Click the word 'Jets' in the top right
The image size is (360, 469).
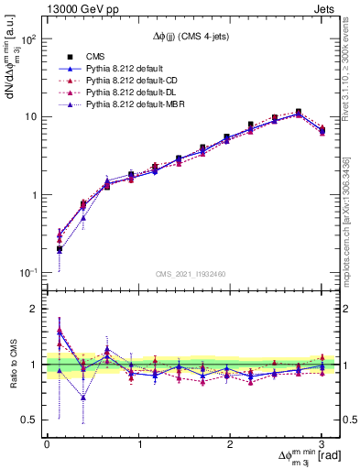pyautogui.click(x=326, y=10)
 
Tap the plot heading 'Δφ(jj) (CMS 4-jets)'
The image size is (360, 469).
pyautogui.click(x=192, y=38)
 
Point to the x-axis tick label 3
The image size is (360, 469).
pyautogui.click(x=322, y=444)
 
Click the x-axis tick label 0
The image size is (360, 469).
pyautogui.click(x=47, y=444)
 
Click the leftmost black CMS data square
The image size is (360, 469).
pyautogui.click(x=59, y=249)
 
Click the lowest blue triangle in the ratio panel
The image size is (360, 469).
pyautogui.click(x=83, y=398)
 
